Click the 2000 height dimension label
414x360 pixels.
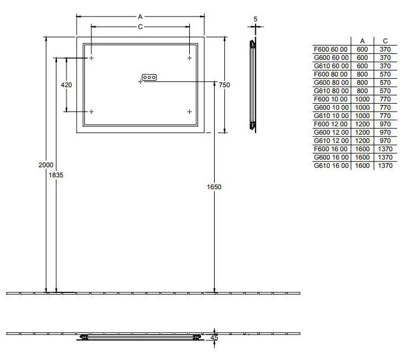tap(46, 165)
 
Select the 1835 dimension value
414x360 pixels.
tap(56, 175)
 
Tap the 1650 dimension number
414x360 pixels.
tap(214, 187)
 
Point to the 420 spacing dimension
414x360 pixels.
tap(66, 85)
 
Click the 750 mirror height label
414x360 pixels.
tap(224, 85)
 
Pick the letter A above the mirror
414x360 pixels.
tap(140, 17)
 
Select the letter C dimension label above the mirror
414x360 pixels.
tap(140, 27)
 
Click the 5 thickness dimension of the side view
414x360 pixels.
tap(255, 19)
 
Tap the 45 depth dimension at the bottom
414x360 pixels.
tap(214, 337)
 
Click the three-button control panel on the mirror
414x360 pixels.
tap(149, 77)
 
